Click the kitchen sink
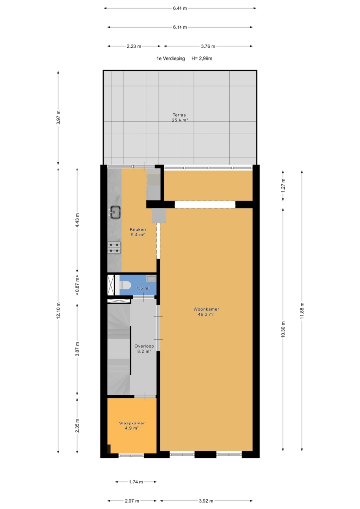coord(115,212)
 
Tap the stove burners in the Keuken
coord(114,248)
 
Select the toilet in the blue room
coord(125,285)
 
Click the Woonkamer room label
coord(206,309)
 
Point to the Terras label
coord(179,115)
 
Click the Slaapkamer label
coord(132,423)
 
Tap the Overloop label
coord(144,346)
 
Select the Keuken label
coord(138,229)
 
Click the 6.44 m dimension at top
coord(180,8)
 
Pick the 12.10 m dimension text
coord(59,310)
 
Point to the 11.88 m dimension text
coord(302,310)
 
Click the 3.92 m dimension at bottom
coord(206,501)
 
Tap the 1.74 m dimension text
coord(136,482)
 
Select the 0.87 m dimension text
coord(77,285)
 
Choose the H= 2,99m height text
coord(202,59)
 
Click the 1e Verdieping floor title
coord(171,59)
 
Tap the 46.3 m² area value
coord(206,314)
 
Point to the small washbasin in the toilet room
coord(151,278)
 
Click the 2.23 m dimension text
coord(134,46)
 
